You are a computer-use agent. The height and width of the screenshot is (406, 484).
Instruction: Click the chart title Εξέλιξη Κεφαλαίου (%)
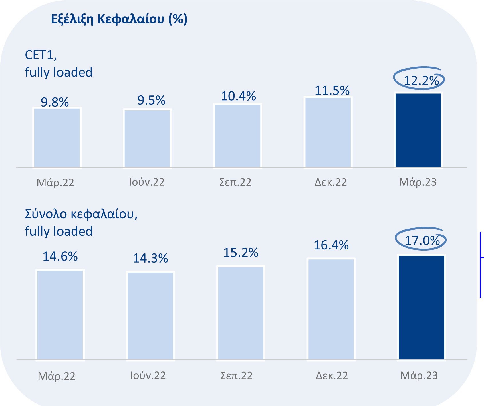[119, 19]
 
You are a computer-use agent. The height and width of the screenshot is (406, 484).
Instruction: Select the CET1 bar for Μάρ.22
[57, 138]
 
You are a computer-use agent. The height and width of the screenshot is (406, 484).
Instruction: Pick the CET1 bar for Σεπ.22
[238, 136]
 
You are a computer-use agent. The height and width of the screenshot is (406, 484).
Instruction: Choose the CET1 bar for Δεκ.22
[328, 133]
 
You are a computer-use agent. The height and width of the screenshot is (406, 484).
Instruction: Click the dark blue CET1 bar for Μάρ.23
[418, 130]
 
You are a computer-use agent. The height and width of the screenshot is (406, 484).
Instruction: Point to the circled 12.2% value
[421, 81]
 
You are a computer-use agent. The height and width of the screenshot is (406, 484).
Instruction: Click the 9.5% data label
[151, 100]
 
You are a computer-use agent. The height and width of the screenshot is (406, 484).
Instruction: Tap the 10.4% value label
[238, 96]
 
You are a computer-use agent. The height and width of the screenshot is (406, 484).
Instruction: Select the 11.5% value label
[332, 91]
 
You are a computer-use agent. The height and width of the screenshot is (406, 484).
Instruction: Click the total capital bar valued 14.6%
[60, 315]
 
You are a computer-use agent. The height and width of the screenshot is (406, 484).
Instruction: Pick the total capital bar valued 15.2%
[241, 313]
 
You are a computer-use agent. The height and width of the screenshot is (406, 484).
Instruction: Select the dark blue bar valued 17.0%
[422, 307]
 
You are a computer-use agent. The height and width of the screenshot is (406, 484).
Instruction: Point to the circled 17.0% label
[422, 241]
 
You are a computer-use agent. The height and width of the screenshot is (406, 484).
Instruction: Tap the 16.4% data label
[331, 245]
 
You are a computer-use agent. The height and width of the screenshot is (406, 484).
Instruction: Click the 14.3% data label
[150, 258]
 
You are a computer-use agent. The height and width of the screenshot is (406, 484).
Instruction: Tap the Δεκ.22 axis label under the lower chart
[332, 375]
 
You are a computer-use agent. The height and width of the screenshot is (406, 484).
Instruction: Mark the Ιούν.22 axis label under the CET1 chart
[147, 182]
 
